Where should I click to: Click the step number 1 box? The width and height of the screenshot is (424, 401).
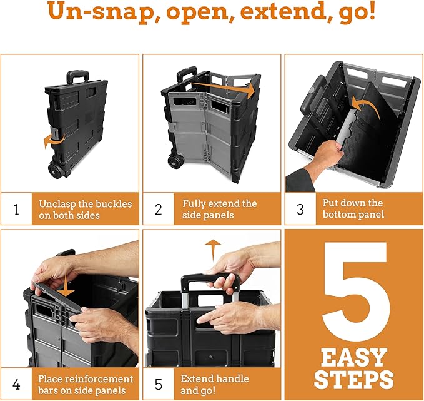pos(16,209)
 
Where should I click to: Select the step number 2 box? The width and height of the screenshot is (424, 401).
pos(158,209)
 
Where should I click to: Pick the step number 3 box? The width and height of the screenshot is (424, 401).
pos(300,209)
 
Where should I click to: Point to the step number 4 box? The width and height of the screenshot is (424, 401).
pos(16,385)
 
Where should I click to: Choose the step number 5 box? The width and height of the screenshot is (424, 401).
pos(158,385)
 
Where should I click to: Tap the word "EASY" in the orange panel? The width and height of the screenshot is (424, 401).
pos(354,358)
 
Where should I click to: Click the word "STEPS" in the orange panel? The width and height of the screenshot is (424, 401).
pos(354,379)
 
